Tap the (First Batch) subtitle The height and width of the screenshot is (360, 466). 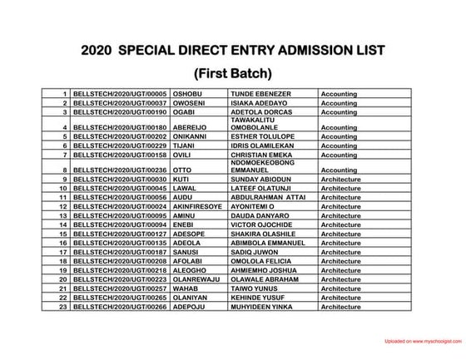pos(232,72)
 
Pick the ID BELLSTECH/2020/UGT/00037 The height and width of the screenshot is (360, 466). pos(121,103)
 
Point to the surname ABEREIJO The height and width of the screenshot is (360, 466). pos(191,127)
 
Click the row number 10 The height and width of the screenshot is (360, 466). pos(63,188)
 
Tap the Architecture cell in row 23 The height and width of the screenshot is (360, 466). pos(340,306)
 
